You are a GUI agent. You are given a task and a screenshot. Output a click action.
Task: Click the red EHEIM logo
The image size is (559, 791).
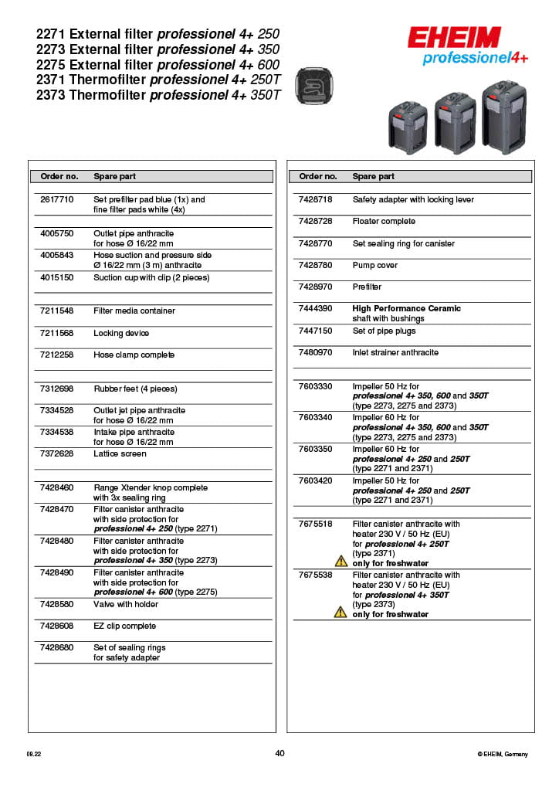coord(454,38)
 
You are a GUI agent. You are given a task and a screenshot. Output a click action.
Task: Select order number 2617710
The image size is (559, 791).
coord(57,199)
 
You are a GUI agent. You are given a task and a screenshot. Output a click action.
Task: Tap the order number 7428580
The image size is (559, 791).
coord(57,604)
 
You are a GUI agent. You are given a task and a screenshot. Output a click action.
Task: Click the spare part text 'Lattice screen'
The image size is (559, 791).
coord(120,453)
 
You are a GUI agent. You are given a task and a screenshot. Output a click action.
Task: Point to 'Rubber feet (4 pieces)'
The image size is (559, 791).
coord(135,389)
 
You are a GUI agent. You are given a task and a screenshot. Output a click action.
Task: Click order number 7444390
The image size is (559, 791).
coord(315,308)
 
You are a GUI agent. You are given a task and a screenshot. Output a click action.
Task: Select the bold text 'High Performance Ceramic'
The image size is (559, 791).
coord(406,308)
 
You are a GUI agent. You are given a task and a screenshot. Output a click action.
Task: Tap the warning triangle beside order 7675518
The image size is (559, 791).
coord(340,562)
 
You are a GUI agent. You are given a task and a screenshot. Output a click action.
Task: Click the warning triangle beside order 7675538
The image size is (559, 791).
coord(340,612)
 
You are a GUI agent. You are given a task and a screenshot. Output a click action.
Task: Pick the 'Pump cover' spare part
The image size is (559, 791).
coord(375,265)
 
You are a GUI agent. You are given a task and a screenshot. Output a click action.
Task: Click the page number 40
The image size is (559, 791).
coord(279,753)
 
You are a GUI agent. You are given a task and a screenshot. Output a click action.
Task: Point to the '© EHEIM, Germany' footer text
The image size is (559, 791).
coord(503,754)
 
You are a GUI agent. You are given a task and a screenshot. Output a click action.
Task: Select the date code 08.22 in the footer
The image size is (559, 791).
coord(33,754)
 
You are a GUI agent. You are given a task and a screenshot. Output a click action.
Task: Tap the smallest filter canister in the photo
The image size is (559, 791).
coord(408,127)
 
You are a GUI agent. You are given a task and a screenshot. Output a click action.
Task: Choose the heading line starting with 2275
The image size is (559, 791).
coord(158,65)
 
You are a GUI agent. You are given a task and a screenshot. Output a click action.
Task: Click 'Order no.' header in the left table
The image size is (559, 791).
coord(59,176)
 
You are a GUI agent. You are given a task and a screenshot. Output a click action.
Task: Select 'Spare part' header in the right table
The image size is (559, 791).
coord(374,176)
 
